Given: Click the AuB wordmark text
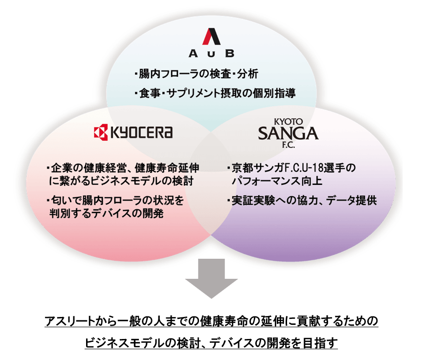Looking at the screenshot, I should tap(212, 53).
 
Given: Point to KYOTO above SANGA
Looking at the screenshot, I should tap(289, 119).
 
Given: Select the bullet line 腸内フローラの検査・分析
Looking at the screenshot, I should tap(195, 75).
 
